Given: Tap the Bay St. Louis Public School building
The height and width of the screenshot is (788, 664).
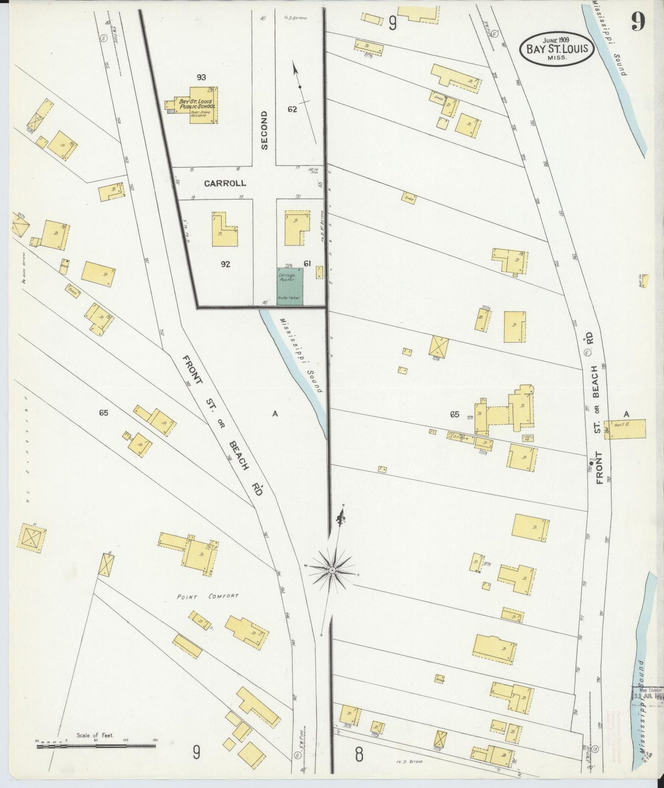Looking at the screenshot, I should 196,105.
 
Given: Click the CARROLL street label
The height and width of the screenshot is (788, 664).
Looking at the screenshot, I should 225,183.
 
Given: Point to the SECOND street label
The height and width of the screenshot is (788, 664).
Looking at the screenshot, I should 264,130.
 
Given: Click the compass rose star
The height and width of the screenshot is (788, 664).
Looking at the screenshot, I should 332,570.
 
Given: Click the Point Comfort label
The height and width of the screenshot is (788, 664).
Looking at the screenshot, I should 208,597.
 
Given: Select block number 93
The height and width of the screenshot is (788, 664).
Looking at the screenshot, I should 201,77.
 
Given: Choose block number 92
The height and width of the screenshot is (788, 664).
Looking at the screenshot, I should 225,264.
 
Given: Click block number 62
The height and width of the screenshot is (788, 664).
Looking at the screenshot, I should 293,109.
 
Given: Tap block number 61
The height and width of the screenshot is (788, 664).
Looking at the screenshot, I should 308,263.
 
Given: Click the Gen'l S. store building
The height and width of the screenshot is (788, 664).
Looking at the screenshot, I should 625,429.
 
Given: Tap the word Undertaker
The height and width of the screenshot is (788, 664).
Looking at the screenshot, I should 289,298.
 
